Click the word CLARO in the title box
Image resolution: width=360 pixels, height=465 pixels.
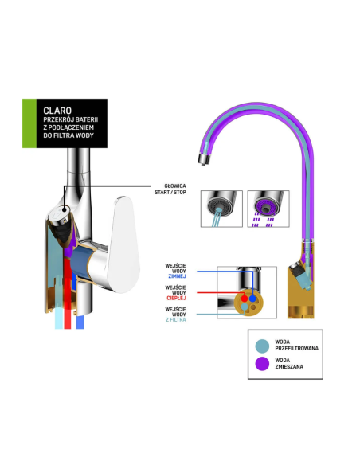click(57, 111)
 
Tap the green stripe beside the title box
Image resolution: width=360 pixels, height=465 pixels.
click(29, 123)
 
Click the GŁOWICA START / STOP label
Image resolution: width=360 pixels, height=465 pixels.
click(170, 190)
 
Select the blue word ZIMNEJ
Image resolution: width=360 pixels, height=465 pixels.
click(177, 276)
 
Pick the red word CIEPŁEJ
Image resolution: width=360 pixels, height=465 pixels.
click(176, 298)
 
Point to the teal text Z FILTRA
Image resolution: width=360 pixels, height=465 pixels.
click(176, 320)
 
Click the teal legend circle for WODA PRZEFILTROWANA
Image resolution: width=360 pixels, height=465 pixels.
click(262, 346)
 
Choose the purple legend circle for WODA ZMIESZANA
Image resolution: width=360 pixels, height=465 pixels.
click(262, 364)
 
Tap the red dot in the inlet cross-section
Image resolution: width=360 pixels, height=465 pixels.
click(244, 299)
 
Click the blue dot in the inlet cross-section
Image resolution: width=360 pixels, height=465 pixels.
click(252, 299)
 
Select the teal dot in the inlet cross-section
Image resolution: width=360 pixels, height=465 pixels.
click(244, 307)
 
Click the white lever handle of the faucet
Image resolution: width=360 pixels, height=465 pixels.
click(123, 244)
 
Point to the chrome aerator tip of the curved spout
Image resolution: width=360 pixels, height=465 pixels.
click(204, 159)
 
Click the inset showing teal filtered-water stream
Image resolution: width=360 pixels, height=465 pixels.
click(221, 209)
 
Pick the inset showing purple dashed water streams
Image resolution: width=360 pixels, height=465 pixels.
click(268, 209)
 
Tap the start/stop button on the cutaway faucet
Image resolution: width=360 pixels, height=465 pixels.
click(59, 213)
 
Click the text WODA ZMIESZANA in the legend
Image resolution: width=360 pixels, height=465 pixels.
click(289, 364)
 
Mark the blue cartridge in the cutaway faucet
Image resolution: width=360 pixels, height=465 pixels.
click(81, 263)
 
